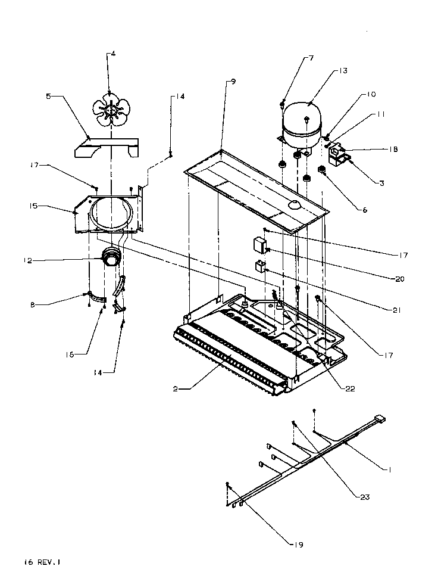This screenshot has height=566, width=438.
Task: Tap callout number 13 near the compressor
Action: pos(343,71)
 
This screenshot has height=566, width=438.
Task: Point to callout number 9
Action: pos(233,81)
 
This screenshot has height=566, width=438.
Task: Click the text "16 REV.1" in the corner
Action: pos(42,561)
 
